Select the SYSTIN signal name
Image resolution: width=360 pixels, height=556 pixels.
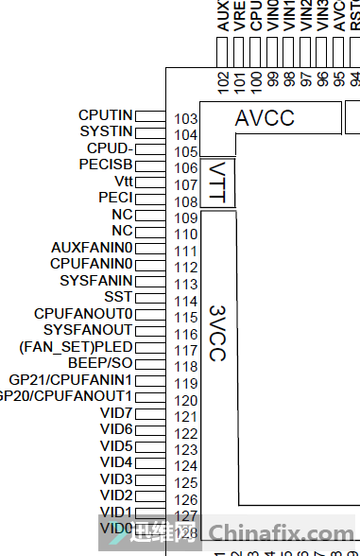106,130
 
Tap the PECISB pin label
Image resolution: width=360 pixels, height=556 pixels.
106,164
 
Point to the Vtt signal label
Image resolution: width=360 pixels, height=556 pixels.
123,181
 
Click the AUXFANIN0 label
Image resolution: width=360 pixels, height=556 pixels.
93,247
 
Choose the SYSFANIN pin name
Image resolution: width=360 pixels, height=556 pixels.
96,280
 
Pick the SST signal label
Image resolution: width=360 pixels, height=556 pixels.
119,297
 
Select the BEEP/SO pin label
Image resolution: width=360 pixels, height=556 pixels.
100,363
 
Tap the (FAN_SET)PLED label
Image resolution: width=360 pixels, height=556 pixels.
76,346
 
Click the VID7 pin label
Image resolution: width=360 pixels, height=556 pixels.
116,412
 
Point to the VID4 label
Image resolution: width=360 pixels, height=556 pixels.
116,462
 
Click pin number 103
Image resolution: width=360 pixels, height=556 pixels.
186,119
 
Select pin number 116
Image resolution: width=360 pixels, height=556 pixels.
186,334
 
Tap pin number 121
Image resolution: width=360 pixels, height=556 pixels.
186,417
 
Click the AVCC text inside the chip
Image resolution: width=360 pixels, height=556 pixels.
265,118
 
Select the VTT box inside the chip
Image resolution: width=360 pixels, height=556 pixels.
218,181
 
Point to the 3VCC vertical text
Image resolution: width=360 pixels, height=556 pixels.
218,332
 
